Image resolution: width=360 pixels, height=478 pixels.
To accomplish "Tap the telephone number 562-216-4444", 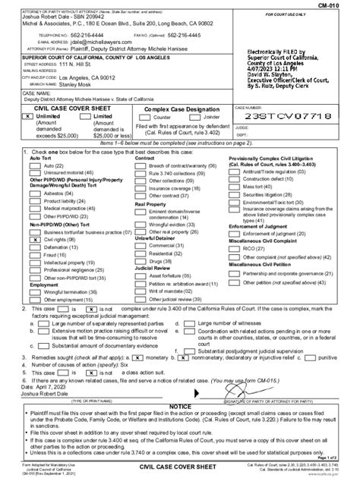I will click(76, 36).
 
